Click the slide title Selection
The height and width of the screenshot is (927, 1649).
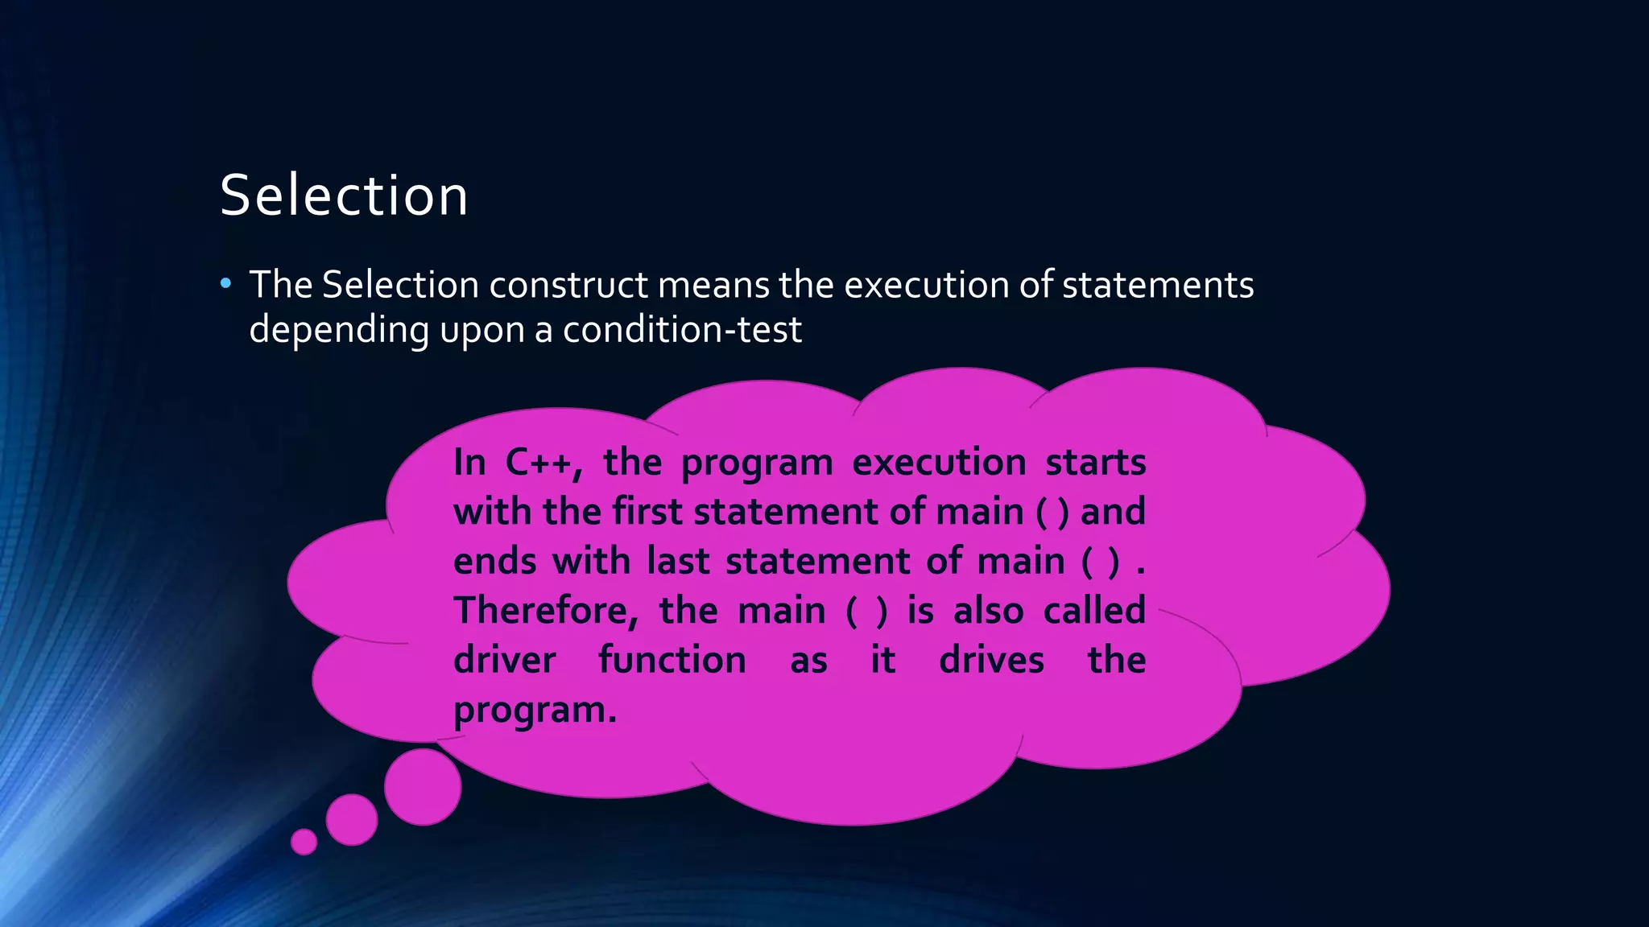[x=344, y=196]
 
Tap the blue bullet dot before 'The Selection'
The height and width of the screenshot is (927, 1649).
[x=225, y=283]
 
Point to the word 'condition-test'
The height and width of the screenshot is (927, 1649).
[x=682, y=329]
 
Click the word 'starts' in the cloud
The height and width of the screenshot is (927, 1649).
[x=1095, y=463]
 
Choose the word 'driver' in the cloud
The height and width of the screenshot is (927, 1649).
[x=504, y=661]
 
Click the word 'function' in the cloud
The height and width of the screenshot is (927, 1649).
[x=672, y=661]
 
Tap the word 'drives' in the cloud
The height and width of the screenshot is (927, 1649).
[x=991, y=661]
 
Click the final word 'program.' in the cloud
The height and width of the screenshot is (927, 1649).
[x=535, y=710]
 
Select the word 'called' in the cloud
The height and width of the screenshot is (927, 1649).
[x=1094, y=610]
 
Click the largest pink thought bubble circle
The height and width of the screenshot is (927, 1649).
[x=423, y=787]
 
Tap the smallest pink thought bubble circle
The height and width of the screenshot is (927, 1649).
[x=304, y=842]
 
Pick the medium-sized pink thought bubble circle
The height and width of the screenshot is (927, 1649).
[x=352, y=820]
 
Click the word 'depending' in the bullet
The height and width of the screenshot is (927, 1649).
[x=339, y=330]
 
